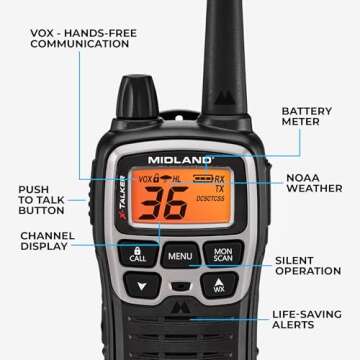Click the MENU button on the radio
(180, 256)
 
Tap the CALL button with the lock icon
(138, 253)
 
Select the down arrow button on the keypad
(142, 286)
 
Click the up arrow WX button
(219, 286)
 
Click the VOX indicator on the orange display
(147, 179)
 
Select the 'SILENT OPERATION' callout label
(308, 266)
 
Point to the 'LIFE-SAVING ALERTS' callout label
(306, 319)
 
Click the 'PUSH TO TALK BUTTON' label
(42, 199)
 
